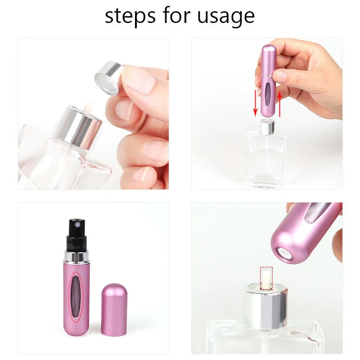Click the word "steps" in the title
[130, 16]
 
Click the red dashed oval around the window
[77, 297]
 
